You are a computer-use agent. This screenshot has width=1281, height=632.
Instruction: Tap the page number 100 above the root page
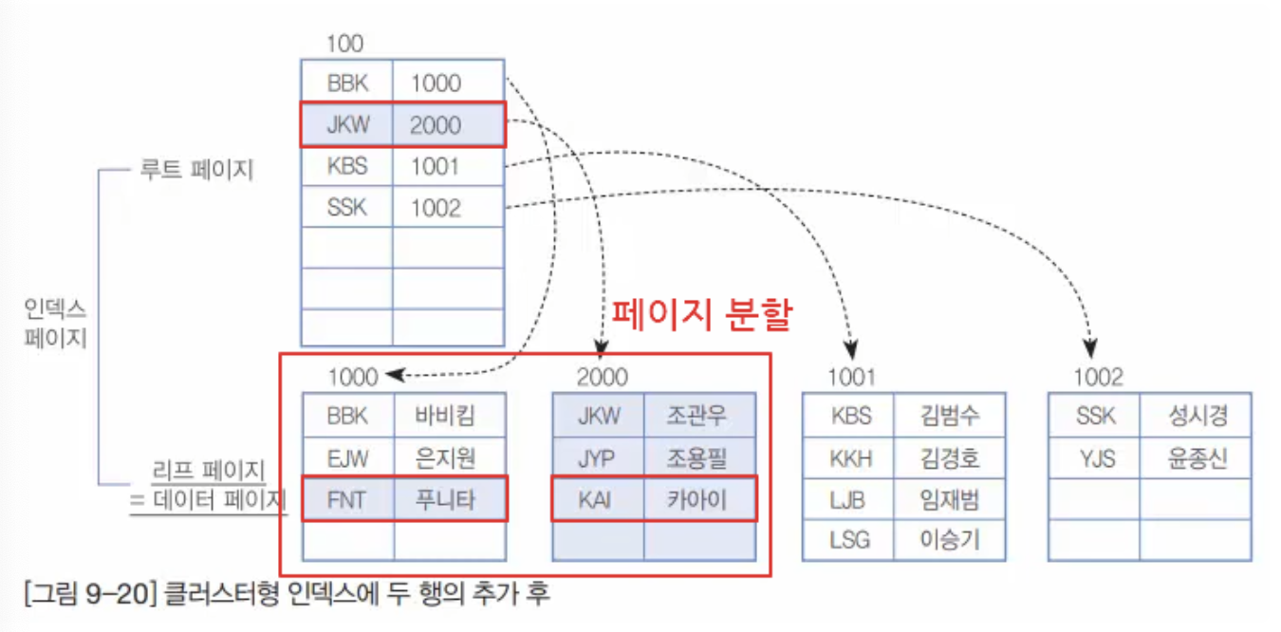[x=344, y=44]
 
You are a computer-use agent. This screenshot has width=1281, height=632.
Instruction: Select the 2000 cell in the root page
[x=436, y=125]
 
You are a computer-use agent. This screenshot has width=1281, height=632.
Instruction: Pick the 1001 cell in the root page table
[x=436, y=167]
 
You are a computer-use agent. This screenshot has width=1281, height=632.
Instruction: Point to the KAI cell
[x=598, y=500]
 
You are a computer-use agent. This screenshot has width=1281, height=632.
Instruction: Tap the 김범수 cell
[x=949, y=416]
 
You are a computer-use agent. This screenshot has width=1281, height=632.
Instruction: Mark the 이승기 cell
[x=949, y=541]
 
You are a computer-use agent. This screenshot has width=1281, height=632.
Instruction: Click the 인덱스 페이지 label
[x=56, y=323]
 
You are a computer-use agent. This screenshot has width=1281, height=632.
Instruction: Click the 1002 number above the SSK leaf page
[x=1098, y=378]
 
